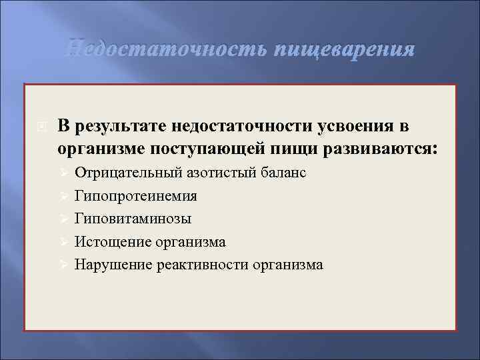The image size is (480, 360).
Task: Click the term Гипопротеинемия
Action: pyautogui.click(x=135, y=196)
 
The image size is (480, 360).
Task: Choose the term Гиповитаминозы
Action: pyautogui.click(x=133, y=219)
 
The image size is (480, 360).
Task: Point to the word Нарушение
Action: pyautogui.click(x=113, y=265)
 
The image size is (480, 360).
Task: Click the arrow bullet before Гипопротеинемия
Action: pyautogui.click(x=64, y=197)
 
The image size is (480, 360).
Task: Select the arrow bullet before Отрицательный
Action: pyautogui.click(x=64, y=174)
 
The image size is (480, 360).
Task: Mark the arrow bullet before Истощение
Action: pyautogui.click(x=64, y=242)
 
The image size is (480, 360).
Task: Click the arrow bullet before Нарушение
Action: pyautogui.click(x=64, y=265)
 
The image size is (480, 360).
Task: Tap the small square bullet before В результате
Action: pyautogui.click(x=41, y=127)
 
